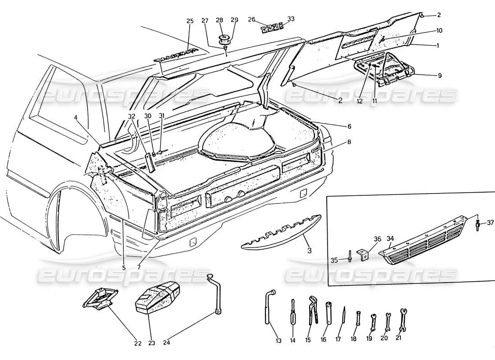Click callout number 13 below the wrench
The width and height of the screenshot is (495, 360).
[x=279, y=341]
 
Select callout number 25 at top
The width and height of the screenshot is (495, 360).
[x=189, y=21]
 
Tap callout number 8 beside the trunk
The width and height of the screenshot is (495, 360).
[x=350, y=142]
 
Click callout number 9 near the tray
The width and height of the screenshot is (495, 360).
[x=440, y=76]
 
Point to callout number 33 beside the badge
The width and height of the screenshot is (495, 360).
[x=291, y=19]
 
